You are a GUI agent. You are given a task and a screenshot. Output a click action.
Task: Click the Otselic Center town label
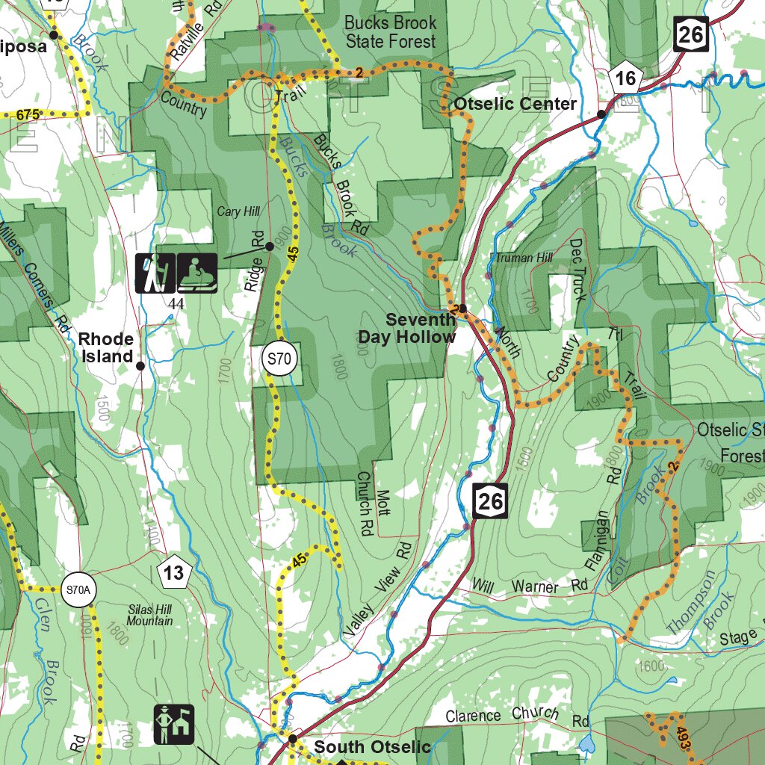pyautogui.click(x=515, y=104)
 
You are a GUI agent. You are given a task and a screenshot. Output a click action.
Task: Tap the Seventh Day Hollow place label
pyautogui.click(x=407, y=329)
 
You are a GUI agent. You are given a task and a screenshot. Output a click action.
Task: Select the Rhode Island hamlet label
pyautogui.click(x=106, y=348)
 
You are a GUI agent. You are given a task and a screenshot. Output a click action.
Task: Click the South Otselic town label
pyautogui.click(x=371, y=747)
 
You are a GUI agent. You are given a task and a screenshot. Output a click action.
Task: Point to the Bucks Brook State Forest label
pyautogui.click(x=390, y=32)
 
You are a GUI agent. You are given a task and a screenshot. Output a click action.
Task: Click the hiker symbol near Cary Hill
pyautogui.click(x=155, y=273)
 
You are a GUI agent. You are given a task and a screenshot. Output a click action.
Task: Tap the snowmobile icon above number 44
pyautogui.click(x=198, y=273)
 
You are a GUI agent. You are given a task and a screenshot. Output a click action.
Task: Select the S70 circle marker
pyautogui.click(x=278, y=359)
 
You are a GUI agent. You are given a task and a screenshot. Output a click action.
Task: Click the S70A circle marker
pyautogui.click(x=78, y=590)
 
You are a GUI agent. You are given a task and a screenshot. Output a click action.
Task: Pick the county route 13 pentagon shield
pyautogui.click(x=174, y=573)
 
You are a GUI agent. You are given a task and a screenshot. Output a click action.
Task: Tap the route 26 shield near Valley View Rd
pyautogui.click(x=490, y=501)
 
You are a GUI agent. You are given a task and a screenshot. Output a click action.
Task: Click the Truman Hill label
pyautogui.click(x=524, y=258)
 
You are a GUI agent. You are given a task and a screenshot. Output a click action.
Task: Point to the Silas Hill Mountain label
pyautogui.click(x=149, y=616)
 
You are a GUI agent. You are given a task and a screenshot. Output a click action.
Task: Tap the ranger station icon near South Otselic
pyautogui.click(x=174, y=724)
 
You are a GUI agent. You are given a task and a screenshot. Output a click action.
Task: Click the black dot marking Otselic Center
pyautogui.click(x=601, y=114)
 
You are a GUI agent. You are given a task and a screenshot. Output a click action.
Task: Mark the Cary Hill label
pyautogui.click(x=238, y=212)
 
